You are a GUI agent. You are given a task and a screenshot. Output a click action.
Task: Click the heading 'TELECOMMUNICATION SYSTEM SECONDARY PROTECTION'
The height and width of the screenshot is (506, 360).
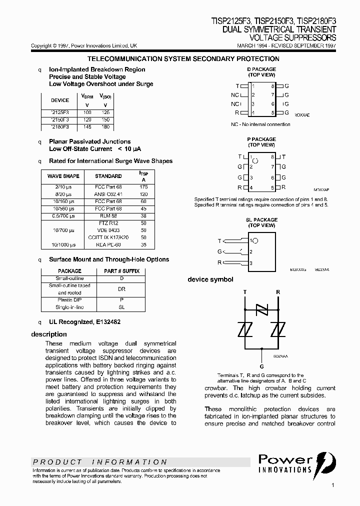tap(183, 59)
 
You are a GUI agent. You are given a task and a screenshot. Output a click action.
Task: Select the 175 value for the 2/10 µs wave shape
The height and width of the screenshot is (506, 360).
tap(144, 186)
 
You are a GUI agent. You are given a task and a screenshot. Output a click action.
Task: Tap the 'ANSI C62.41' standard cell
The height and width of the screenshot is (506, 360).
tap(108, 193)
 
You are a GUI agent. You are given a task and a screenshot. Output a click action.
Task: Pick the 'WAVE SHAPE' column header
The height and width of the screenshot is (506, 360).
tap(63, 176)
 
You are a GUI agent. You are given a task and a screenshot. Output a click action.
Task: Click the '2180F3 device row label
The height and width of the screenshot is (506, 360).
tap(60, 127)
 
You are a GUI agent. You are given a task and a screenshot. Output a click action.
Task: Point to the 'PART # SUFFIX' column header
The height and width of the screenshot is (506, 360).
tap(121, 271)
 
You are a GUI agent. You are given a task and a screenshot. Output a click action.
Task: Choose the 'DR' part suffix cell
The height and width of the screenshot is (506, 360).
tap(121, 289)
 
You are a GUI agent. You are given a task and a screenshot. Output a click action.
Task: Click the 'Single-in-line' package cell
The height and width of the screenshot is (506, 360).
tap(69, 307)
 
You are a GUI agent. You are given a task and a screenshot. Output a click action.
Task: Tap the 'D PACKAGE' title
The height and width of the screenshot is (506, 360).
tap(261, 69)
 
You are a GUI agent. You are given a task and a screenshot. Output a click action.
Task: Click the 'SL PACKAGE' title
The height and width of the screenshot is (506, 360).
tap(261, 220)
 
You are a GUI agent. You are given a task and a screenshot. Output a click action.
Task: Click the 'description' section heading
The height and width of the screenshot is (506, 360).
tap(49, 334)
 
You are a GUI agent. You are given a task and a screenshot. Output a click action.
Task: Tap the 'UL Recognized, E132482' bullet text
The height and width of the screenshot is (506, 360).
tap(84, 322)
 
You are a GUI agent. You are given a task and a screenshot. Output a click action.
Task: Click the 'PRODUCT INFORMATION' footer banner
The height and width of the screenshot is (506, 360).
tap(100, 462)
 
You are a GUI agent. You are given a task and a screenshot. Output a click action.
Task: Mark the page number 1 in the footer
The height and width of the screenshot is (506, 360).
tap(333, 485)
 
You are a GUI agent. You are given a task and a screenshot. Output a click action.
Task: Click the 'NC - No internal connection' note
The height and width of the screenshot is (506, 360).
tap(260, 124)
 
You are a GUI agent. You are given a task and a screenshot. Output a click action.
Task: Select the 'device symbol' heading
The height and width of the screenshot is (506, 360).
tap(210, 279)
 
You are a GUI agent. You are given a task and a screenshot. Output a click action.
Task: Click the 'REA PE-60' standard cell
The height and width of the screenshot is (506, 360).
tap(108, 245)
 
